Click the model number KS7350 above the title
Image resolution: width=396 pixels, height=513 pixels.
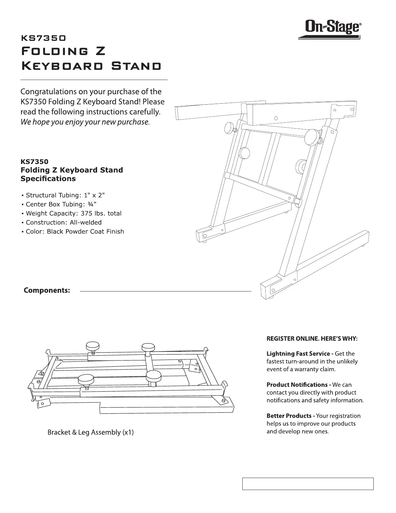[43, 38]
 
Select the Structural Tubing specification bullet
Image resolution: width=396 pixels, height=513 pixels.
[65, 195]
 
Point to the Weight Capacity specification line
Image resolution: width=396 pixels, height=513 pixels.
[73, 213]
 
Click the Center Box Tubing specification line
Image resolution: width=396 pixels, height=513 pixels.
[61, 204]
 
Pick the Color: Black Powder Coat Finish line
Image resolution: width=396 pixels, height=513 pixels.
[75, 231]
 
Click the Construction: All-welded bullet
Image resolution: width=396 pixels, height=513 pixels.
[63, 222]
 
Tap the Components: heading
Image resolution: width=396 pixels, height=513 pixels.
[47, 290]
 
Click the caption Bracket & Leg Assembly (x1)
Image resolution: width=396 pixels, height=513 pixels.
[91, 432]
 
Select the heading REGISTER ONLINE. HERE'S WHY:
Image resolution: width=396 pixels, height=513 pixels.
[312, 338]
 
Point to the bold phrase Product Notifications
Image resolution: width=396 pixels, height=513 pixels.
[297, 384]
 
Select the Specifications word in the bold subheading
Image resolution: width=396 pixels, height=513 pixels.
[48, 178]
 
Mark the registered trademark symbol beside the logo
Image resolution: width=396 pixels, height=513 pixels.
[361, 24]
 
